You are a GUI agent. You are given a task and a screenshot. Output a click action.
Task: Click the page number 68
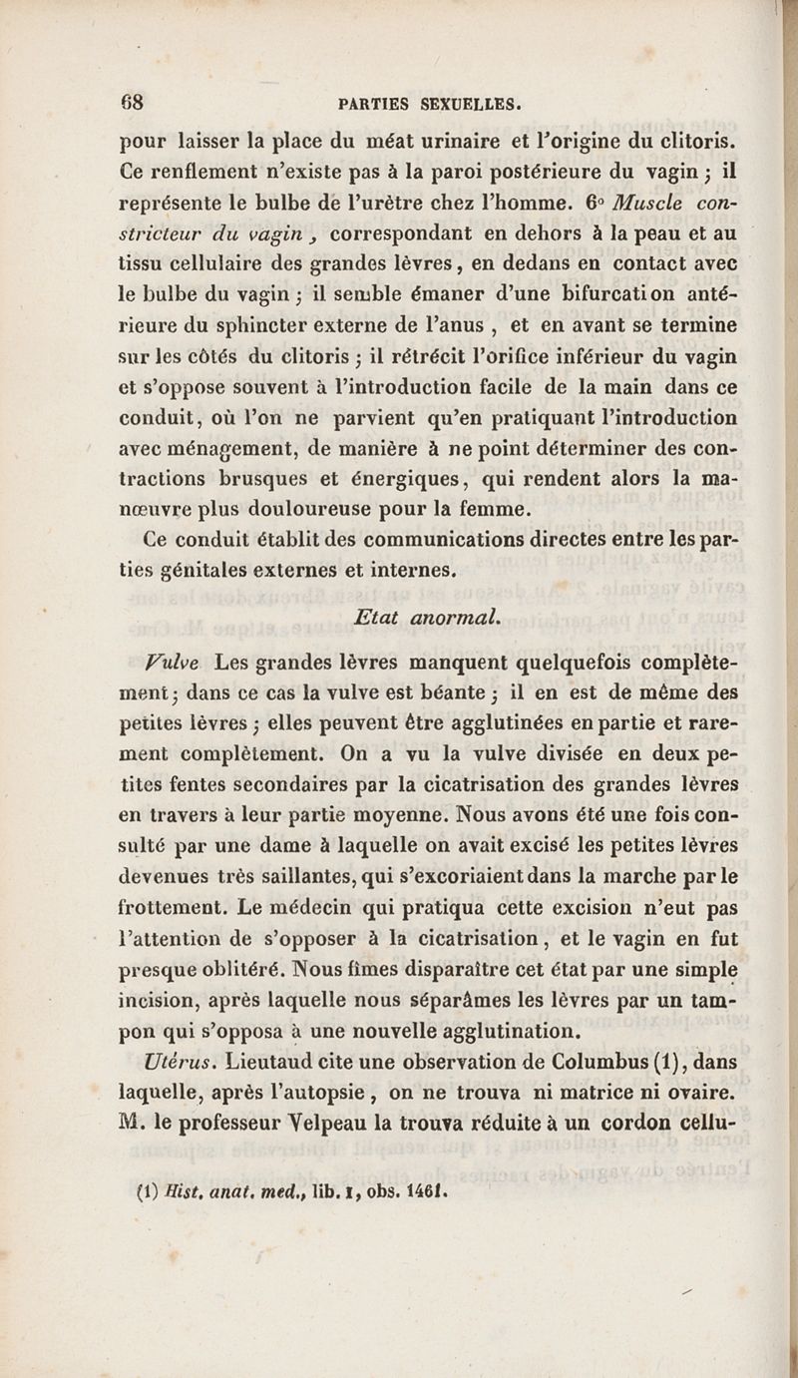click(135, 101)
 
